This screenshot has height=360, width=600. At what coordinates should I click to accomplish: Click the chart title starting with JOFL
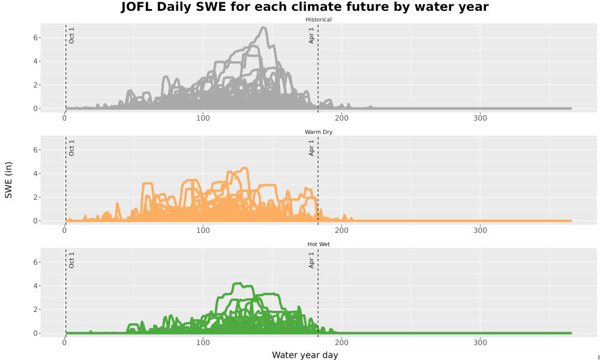click(x=305, y=7)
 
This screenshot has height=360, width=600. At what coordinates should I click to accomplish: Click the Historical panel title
click(x=319, y=20)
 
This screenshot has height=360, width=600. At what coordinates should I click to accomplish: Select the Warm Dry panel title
click(x=319, y=132)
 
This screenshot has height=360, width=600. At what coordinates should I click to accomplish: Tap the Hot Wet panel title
click(x=319, y=244)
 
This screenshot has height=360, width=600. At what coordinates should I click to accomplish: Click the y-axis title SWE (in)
click(x=8, y=180)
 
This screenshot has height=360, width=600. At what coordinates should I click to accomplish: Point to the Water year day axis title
click(x=305, y=355)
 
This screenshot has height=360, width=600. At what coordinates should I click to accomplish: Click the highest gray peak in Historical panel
click(x=263, y=28)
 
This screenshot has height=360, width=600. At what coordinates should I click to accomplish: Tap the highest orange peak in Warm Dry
click(x=245, y=168)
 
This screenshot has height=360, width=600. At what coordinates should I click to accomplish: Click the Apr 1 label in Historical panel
click(x=311, y=35)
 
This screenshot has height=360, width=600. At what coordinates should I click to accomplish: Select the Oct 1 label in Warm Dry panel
click(x=71, y=148)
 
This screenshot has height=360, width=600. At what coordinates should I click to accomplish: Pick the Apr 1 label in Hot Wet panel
click(x=311, y=260)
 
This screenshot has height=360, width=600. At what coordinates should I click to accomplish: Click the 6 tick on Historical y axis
click(x=35, y=37)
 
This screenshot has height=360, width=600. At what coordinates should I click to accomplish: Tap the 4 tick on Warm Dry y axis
click(x=35, y=173)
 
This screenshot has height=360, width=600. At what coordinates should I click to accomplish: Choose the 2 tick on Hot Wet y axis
click(x=35, y=310)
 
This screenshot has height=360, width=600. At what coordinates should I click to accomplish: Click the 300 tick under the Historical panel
click(x=480, y=118)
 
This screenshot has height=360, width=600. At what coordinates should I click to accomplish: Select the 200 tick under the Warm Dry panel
click(x=342, y=230)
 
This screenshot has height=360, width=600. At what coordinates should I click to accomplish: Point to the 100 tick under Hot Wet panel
click(x=203, y=343)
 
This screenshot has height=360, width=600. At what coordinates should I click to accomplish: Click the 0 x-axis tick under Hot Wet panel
click(x=65, y=343)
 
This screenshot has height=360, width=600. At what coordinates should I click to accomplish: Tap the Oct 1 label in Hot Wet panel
click(x=71, y=260)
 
